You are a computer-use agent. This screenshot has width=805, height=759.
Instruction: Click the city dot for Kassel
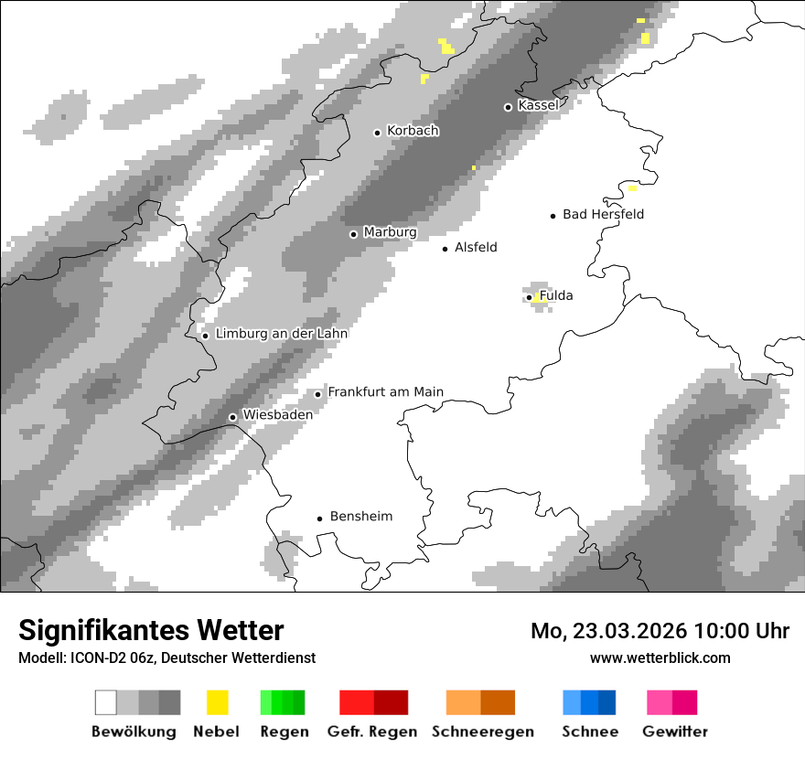point(509,107)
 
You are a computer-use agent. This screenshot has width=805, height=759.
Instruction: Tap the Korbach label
point(413,131)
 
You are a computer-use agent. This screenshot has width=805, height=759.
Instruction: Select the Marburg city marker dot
point(354,234)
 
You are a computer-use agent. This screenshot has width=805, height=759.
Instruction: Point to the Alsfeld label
point(476,248)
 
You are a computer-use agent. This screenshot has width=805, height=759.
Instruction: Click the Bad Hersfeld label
point(603,215)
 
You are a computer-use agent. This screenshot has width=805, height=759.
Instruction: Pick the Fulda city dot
point(530,297)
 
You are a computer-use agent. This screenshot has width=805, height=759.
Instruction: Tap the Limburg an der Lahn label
point(281,334)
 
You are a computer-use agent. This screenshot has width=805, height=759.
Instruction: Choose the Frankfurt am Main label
point(385,392)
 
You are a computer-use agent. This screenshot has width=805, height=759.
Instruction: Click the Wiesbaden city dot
point(233,417)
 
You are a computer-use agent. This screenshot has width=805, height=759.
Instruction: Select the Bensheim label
point(360,517)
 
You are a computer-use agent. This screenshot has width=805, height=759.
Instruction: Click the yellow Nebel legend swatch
point(217,702)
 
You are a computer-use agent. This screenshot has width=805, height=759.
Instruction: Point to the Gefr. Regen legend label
point(371,732)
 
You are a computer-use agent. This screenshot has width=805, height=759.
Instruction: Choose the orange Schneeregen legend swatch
point(480,702)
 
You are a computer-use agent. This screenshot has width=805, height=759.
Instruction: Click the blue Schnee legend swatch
point(589,702)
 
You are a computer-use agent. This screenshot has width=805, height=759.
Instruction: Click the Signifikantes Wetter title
point(151,630)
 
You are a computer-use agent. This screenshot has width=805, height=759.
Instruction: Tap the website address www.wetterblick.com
point(660,657)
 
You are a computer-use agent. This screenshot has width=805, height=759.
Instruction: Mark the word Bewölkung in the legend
point(134,732)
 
